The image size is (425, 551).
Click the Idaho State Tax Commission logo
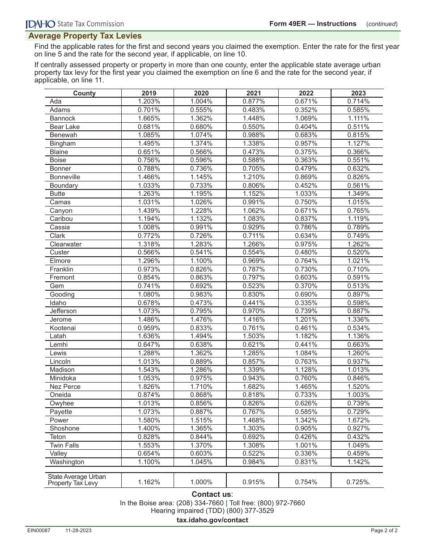coord(75,24)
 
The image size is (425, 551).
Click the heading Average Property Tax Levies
coord(85,36)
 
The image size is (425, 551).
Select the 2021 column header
coord(254,93)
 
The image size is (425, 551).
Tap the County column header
coord(84,93)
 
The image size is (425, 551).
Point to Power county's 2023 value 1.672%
coord(358,420)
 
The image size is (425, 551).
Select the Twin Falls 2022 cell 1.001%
coord(306,445)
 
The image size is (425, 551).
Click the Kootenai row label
coord(63,328)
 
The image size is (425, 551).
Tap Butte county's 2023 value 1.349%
coord(358,194)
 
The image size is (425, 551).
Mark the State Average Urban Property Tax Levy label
coord(77,480)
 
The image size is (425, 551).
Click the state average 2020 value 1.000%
coord(201,482)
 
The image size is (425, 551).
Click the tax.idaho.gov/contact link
coord(212,520)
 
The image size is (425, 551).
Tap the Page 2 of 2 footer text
coord(384,531)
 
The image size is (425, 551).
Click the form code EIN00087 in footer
coord(39,531)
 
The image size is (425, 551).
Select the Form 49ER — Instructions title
coord(313,24)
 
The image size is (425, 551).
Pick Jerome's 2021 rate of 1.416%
coord(254,319)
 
